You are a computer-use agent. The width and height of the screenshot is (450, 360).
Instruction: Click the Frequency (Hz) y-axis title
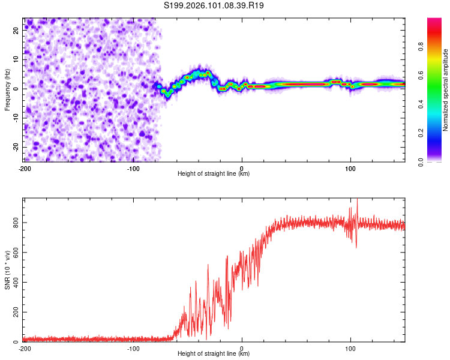(7, 88)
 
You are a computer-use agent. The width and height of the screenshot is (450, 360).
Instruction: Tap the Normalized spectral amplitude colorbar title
(446, 90)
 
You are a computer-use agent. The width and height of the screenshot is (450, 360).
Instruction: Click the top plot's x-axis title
(214, 173)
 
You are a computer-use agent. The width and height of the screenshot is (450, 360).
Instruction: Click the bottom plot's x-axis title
(214, 353)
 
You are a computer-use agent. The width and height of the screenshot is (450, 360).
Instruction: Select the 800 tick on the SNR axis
(14, 223)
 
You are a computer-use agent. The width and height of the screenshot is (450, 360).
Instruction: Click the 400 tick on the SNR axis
(14, 283)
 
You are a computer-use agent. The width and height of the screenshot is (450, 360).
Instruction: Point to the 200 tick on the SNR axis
(14, 313)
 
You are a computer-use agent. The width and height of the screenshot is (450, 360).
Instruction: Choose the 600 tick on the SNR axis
(14, 253)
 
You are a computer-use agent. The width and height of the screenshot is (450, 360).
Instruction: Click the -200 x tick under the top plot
(25, 169)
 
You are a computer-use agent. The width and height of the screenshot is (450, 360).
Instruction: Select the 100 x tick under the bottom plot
(350, 349)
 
